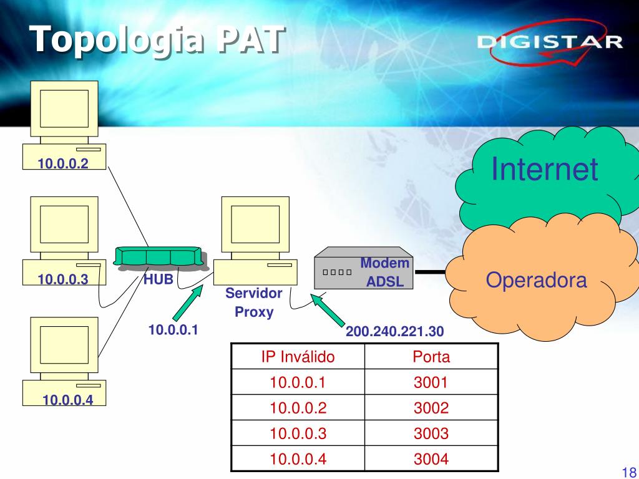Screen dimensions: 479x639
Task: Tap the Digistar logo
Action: click(x=550, y=44)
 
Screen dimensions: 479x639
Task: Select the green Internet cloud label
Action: click(x=544, y=169)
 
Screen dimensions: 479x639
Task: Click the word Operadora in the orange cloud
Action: click(x=536, y=280)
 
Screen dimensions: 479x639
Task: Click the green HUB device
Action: click(x=159, y=257)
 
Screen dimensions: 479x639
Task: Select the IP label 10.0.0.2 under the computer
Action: click(x=63, y=163)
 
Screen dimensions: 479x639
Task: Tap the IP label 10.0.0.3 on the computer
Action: click(x=63, y=280)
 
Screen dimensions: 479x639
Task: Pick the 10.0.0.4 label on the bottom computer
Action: click(x=68, y=400)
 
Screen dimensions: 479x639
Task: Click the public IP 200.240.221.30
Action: click(x=395, y=332)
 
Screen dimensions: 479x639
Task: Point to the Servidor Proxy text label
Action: click(x=254, y=302)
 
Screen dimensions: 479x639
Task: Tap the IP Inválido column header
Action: click(x=298, y=357)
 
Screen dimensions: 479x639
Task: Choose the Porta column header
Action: click(x=431, y=357)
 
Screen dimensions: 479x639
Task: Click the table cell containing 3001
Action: click(x=431, y=382)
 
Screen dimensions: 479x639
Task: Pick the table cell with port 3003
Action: click(x=431, y=433)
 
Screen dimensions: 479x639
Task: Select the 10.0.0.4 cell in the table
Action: click(x=298, y=459)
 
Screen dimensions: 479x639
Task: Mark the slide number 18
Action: click(x=628, y=472)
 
